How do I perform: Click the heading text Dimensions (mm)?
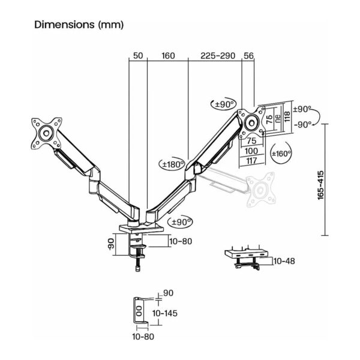click(79, 25)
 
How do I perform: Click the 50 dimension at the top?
click(137, 56)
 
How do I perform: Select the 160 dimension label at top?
click(168, 56)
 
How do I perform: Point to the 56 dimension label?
click(248, 56)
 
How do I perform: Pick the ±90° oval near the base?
click(181, 223)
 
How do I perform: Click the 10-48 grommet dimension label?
click(284, 261)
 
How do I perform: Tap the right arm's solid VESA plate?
click(252, 119)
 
